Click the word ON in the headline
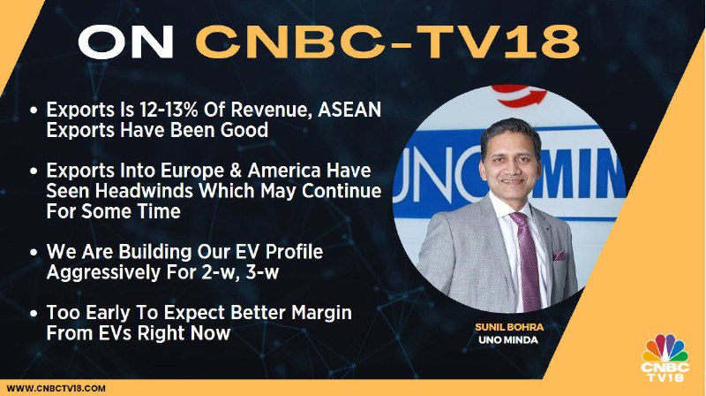point(126,41)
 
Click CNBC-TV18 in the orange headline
point(387,42)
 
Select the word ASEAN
point(349,110)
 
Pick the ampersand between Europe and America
point(238,171)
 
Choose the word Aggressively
point(102,272)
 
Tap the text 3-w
point(262,272)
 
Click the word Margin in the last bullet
point(321,313)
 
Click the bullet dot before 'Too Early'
point(34,313)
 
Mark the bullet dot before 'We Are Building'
point(34,252)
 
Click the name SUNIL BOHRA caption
point(509,327)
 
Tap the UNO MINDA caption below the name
point(508,339)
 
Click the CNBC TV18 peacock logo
point(665,358)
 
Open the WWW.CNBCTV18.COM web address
point(56,388)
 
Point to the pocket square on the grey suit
point(559,255)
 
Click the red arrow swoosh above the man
point(519,95)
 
